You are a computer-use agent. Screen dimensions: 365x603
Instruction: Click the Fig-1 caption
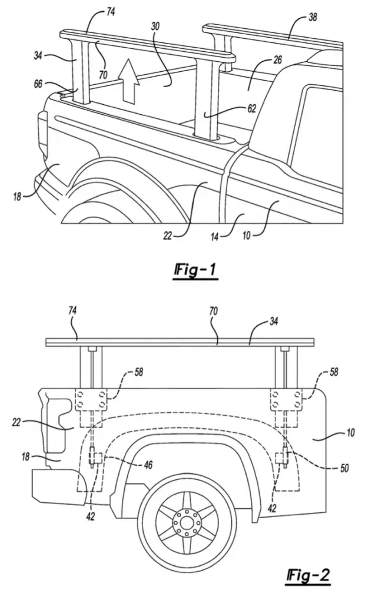195,270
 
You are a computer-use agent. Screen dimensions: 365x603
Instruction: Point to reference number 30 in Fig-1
155,26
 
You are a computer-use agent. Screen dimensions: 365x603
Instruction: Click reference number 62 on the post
251,108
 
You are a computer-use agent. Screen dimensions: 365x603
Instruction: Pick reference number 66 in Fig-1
38,83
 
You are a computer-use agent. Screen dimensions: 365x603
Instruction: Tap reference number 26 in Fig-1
277,59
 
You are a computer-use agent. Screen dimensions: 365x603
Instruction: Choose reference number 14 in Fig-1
215,237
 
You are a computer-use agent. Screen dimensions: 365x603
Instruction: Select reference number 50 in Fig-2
344,468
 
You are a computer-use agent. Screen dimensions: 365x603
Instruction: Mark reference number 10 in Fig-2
350,433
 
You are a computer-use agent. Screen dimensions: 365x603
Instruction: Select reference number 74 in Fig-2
72,311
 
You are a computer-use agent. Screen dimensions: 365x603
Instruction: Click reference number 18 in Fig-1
17,197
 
